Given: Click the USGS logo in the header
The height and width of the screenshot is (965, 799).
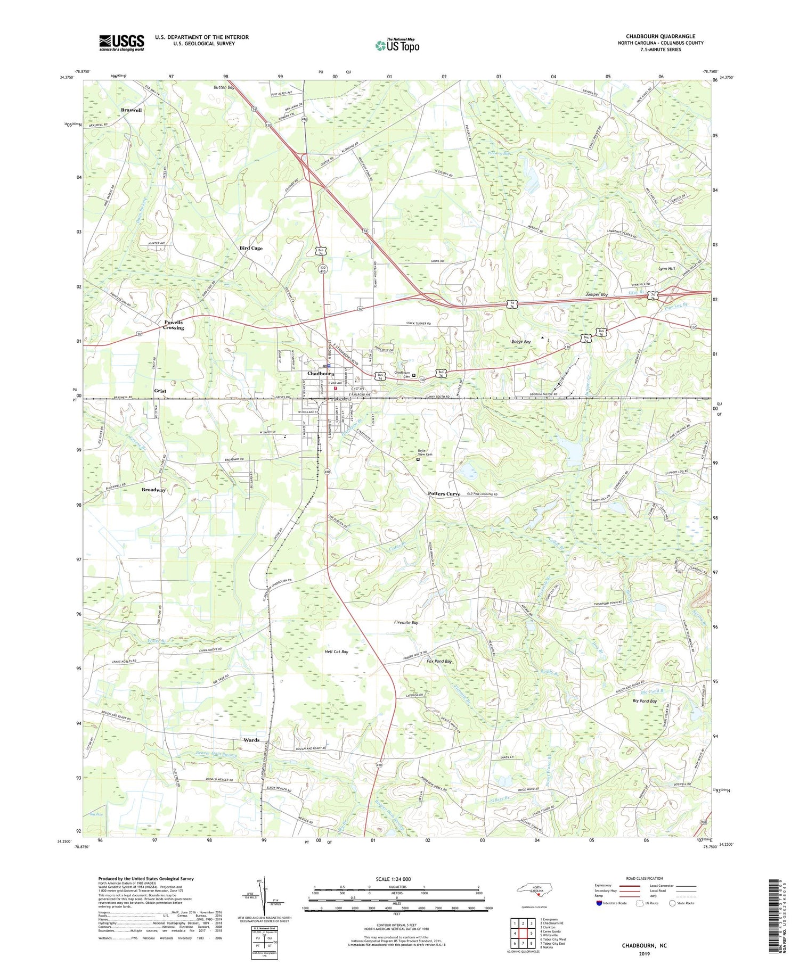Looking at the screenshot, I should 121,43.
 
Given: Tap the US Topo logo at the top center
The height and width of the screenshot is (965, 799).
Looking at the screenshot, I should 397,46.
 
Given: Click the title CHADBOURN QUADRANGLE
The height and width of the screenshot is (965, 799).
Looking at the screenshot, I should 660,36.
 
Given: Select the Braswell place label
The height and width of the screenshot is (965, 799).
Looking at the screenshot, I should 131,110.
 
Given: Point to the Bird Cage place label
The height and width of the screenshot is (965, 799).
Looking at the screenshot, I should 251,248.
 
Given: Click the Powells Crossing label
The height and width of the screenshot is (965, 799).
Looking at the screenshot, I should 173,325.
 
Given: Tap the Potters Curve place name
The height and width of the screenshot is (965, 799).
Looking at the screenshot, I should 444,494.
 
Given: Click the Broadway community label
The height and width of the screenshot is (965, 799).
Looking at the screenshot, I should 153,490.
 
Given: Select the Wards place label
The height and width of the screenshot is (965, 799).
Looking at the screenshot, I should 251,740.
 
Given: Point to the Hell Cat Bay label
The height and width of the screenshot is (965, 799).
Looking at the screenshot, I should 336,651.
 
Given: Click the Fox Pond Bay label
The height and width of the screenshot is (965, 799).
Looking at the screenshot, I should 439,661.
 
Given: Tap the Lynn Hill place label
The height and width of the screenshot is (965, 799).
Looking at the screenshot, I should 666,269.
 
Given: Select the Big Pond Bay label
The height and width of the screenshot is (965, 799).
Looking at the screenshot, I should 645,702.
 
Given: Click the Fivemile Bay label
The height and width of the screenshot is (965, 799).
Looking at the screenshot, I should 406,622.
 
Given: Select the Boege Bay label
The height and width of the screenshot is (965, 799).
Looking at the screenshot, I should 521,342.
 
